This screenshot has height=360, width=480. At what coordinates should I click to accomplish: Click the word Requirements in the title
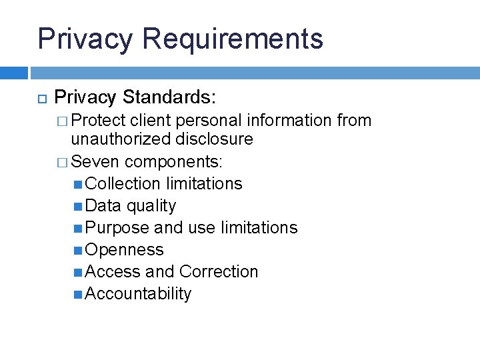(x=233, y=39)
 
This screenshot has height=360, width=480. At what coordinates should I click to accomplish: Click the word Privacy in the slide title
(x=85, y=39)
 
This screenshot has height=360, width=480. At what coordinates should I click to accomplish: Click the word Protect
(x=99, y=121)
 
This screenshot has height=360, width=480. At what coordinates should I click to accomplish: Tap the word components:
(x=175, y=161)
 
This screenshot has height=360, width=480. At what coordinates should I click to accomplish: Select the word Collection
(x=123, y=183)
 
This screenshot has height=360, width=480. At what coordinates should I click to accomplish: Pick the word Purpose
(x=117, y=227)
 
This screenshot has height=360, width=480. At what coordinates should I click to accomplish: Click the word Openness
(x=125, y=249)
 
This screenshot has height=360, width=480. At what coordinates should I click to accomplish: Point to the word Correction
(x=219, y=271)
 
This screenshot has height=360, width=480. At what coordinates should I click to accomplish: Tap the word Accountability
(x=138, y=293)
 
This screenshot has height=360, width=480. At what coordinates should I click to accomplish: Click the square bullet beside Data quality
(x=79, y=206)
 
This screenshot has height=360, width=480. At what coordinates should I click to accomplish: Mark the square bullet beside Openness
(x=79, y=250)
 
